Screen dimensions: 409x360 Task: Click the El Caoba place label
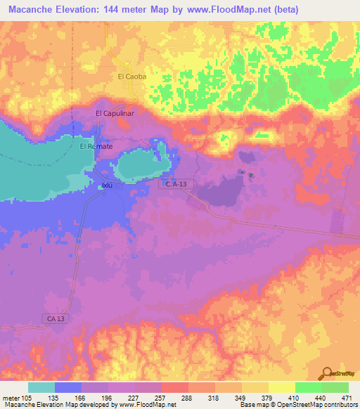click(131, 77)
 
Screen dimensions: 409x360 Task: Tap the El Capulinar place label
click(115, 112)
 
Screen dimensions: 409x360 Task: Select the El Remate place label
click(96, 146)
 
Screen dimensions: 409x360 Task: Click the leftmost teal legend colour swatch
click(41, 387)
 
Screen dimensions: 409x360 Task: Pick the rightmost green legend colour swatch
click(335, 387)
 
